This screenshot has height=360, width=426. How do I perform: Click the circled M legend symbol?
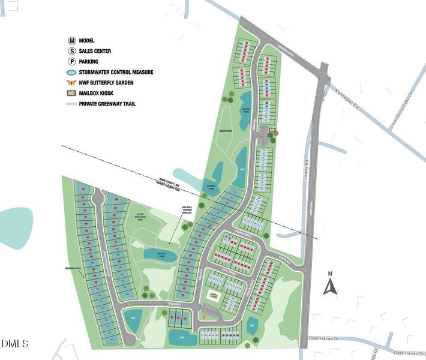[71, 41]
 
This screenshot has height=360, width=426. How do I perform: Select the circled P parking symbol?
[71, 62]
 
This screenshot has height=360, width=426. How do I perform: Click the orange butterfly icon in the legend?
[71, 82]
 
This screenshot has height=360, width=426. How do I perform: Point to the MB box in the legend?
[71, 93]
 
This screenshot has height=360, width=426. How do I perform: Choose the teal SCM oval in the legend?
[71, 72]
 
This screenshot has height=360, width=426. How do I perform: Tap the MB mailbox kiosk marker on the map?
[272, 130]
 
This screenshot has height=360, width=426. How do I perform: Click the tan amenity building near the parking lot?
[215, 296]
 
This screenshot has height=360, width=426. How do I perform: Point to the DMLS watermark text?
[14, 343]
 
